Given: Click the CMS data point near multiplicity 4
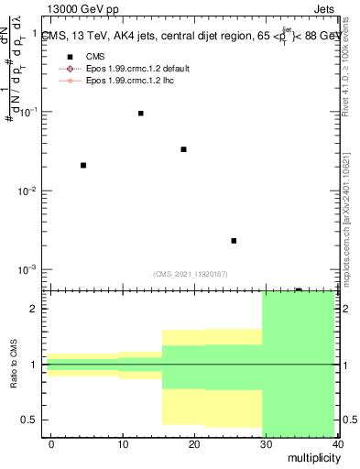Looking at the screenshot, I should pos(83,165).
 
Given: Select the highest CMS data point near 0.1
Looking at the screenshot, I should pos(140,113).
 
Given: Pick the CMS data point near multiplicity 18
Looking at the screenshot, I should pos(184,149).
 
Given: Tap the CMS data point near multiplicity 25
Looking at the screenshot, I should pos(234,241).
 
